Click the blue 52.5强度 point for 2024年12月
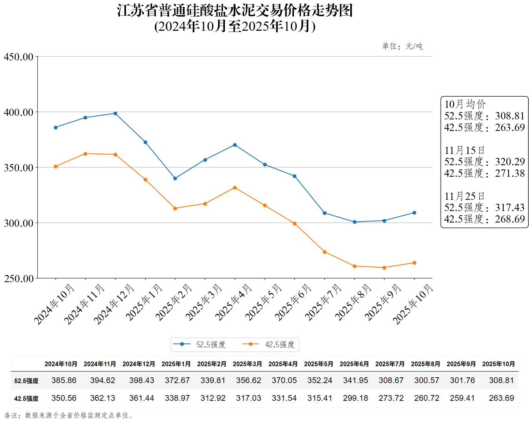point(115,114)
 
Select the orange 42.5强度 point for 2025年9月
point(384,268)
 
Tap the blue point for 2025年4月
point(235,145)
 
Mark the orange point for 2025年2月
point(175,208)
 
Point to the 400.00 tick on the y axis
point(18,112)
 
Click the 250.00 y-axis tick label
point(18,279)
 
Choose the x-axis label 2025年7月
point(323,302)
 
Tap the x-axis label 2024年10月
point(54,304)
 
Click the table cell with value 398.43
point(141,380)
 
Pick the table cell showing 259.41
point(462,398)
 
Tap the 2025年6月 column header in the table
point(354,364)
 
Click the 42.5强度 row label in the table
point(26,399)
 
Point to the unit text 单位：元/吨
point(402,47)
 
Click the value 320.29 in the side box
point(510,162)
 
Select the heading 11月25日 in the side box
point(464,196)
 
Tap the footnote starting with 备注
point(69,415)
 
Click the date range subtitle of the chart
point(235,26)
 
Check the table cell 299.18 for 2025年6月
point(355,398)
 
